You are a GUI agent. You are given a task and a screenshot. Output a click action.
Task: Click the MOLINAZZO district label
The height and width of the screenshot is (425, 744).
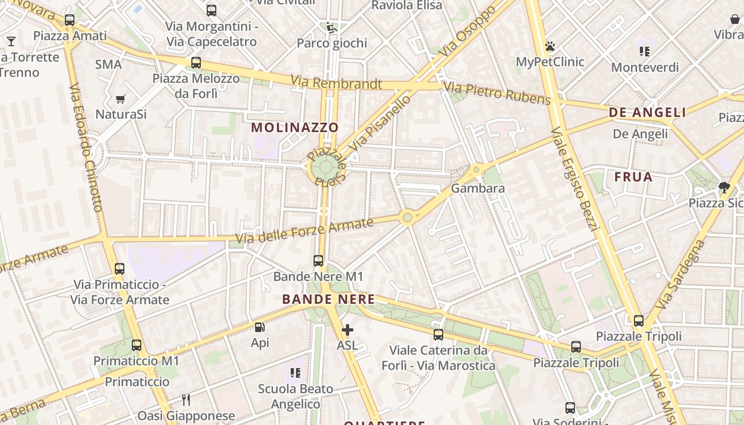pos(295,127)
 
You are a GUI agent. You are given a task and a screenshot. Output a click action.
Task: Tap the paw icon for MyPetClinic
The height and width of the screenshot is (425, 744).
pos(550,46)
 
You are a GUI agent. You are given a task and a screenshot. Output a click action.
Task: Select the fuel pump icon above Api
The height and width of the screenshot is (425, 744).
pos(260,328)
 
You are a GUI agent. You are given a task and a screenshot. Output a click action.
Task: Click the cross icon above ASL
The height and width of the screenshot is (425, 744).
pos(348,330)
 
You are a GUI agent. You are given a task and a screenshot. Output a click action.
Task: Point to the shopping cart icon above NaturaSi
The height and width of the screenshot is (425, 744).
pos(121,99)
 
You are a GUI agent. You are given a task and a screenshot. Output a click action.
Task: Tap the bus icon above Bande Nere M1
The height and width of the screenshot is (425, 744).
pos(318,261)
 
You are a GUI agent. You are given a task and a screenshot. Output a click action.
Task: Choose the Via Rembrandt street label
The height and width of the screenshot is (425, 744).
pos(336,83)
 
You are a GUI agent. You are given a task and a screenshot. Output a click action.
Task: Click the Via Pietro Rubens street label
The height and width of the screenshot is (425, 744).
pos(497,93)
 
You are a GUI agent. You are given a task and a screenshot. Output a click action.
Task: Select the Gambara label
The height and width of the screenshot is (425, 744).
pos(478,189)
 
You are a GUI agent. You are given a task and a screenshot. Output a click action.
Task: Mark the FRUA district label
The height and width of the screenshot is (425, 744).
pos(633,177)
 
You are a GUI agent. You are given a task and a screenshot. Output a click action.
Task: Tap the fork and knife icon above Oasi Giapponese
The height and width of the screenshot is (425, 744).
pos(186,399)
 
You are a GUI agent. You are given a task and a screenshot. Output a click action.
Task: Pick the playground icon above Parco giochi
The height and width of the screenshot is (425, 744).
pos(332,28)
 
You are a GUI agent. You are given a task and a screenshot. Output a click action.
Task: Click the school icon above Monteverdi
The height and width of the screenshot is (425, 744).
pos(645,52)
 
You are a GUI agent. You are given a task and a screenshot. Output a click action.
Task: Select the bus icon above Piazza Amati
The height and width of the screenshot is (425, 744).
pos(70,20)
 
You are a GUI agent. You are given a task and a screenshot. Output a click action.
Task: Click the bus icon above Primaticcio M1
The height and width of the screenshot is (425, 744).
pos(137,345)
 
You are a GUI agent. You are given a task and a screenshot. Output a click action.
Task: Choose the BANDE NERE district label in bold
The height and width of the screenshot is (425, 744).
pos(328,299)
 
